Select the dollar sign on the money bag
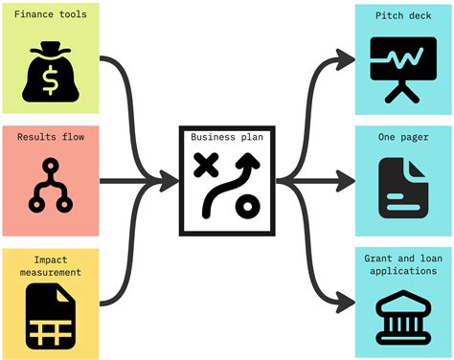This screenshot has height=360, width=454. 50,72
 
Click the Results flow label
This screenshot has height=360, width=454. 50,137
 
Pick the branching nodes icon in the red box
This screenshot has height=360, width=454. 50,187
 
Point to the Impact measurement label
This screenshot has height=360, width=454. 50,266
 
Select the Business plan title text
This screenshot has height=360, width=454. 227,137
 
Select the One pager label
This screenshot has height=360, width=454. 402,137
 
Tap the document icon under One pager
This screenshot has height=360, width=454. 402,188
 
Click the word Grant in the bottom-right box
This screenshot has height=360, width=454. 380,259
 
